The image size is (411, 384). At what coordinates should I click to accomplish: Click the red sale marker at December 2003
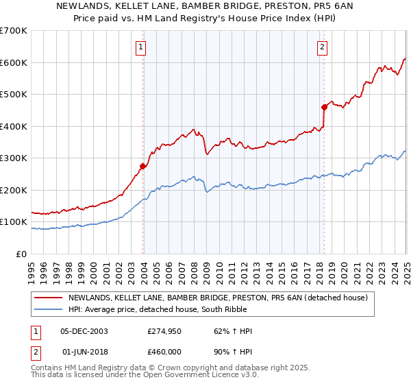point(143,166)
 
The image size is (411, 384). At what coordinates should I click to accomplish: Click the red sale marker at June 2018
point(325,107)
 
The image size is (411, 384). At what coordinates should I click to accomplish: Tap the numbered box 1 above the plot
point(140,47)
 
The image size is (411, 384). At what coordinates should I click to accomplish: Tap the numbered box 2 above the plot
point(322,47)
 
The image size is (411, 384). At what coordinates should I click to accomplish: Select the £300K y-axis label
point(14,158)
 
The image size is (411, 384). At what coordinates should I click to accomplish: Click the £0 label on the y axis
point(22,254)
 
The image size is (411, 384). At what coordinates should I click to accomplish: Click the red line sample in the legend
point(49,298)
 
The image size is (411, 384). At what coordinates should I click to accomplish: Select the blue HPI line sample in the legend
point(49,309)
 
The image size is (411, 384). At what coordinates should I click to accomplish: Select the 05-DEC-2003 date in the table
point(84,331)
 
